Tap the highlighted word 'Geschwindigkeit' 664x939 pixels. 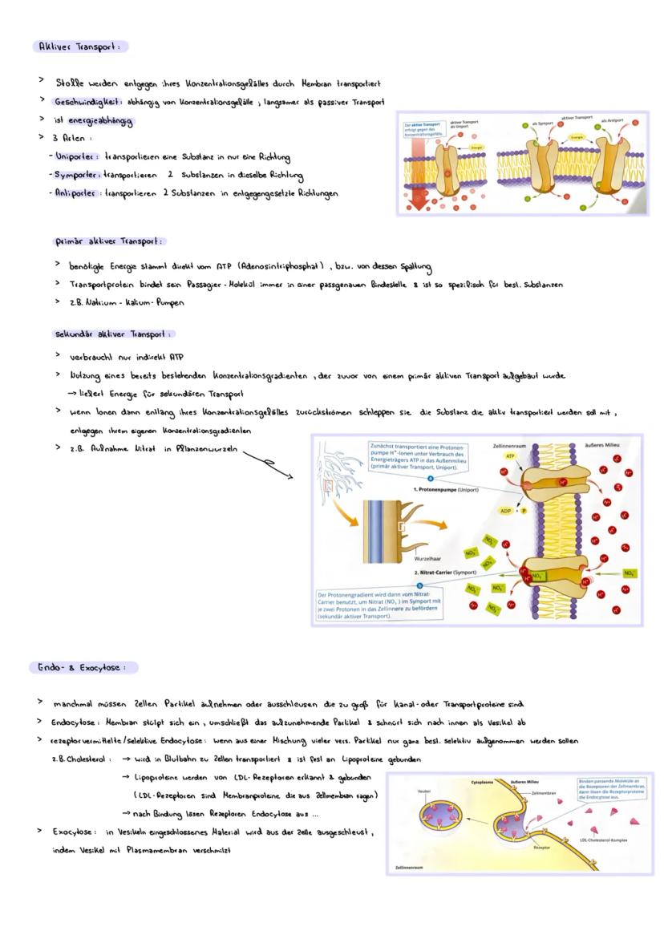87,102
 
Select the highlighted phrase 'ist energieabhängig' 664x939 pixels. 93,121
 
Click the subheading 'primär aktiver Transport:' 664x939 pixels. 109,241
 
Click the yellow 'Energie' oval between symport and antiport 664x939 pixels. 576,138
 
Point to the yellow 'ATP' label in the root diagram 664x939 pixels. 508,455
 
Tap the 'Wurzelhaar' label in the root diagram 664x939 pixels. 428,558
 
